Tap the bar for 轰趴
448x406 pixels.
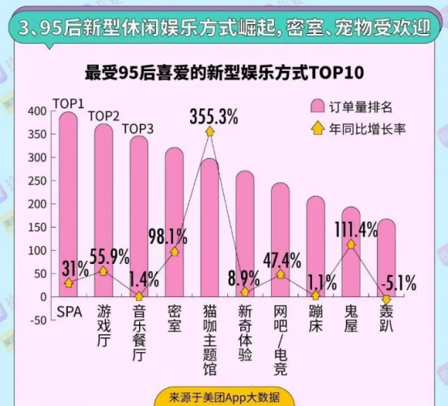[386, 250]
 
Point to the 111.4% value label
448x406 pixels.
[355, 229]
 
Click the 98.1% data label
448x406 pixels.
[169, 236]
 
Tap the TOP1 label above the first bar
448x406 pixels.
[68, 103]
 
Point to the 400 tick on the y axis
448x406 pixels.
[36, 111]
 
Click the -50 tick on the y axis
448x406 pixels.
[36, 320]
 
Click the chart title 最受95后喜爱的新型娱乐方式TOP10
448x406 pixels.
[223, 74]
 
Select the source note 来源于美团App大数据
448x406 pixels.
[223, 397]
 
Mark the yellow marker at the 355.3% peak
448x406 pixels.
[209, 131]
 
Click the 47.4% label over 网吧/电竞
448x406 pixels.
[281, 259]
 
